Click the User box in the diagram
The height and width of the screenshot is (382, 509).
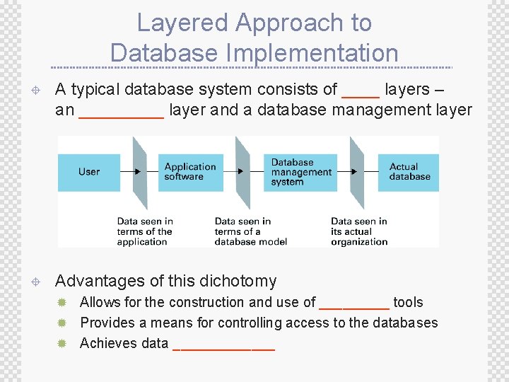point(89,172)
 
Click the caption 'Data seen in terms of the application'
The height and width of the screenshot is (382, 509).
point(145,231)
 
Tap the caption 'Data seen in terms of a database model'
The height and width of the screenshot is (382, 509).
point(250,231)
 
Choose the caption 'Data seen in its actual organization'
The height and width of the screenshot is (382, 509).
point(359,231)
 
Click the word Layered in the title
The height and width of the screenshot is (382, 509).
point(182,23)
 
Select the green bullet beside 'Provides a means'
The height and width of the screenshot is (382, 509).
point(62,323)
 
